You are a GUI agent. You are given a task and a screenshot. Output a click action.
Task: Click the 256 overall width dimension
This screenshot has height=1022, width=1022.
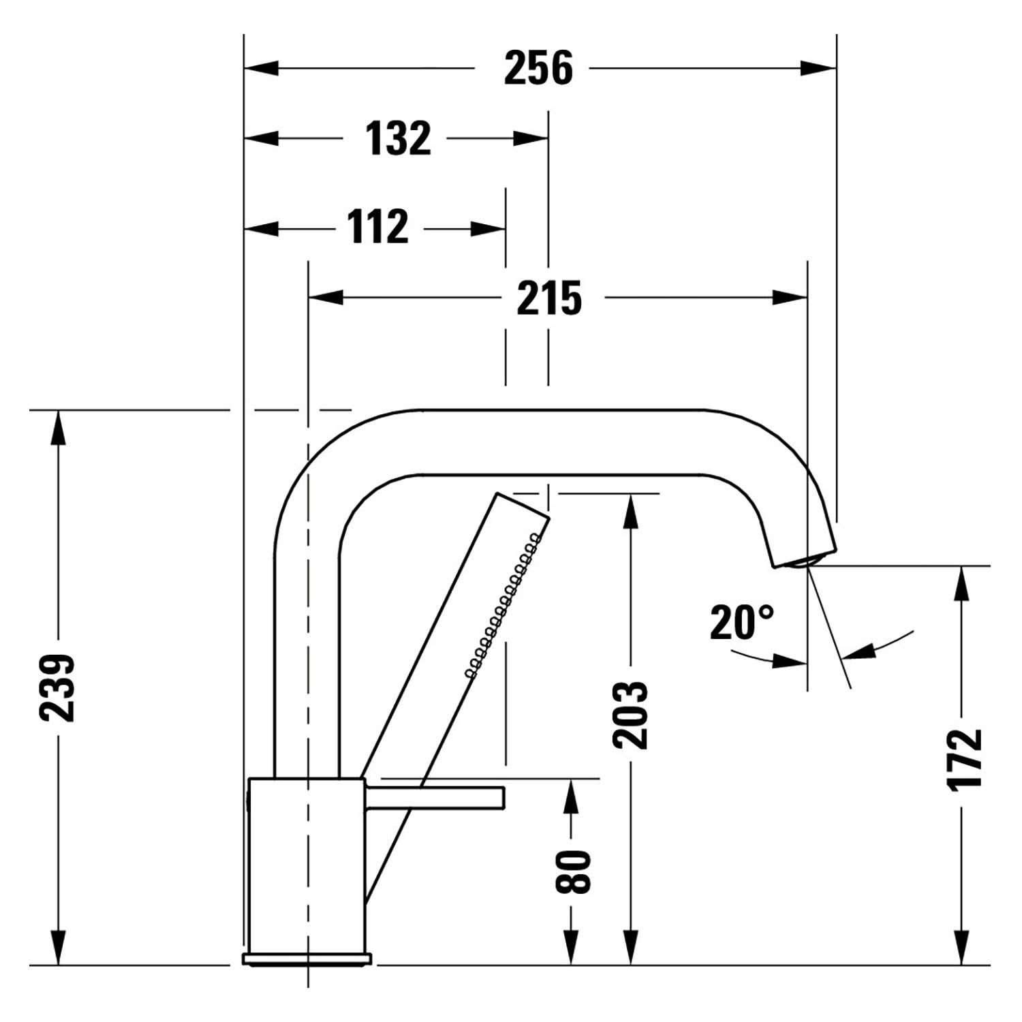[538, 68]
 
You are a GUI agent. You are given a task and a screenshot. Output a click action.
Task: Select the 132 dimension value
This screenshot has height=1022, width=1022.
[399, 138]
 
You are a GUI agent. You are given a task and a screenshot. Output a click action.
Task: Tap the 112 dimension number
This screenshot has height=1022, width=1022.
[378, 227]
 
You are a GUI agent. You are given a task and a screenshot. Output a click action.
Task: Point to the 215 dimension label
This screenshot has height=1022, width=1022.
[549, 298]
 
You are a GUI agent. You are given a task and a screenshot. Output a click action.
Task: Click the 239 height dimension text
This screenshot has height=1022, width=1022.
[57, 687]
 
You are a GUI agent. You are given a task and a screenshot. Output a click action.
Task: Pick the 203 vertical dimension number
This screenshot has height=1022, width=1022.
[630, 714]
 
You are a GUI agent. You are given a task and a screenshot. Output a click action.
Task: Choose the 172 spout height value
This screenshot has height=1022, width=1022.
[965, 759]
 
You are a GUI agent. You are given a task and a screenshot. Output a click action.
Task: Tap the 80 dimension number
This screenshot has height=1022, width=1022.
[573, 871]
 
